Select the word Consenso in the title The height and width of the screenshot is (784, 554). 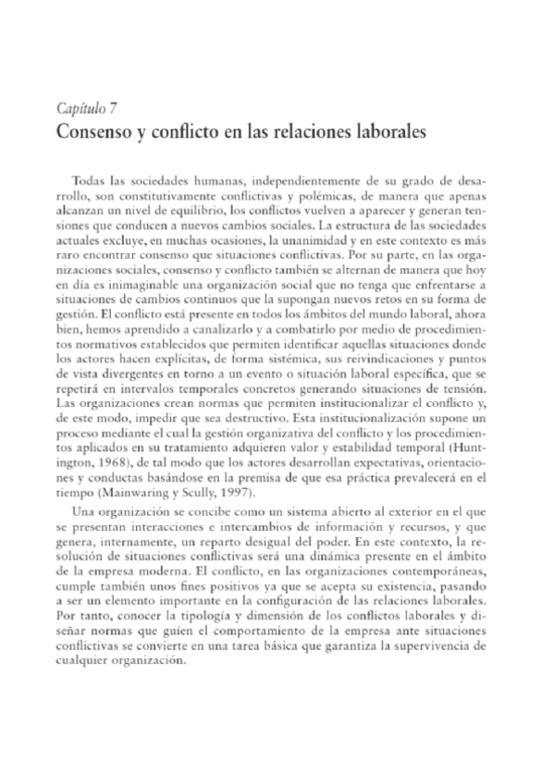[94, 132]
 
